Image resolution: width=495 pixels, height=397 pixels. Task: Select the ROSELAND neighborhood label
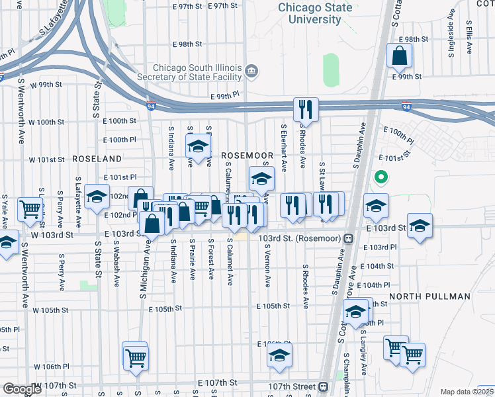pyautogui.click(x=97, y=159)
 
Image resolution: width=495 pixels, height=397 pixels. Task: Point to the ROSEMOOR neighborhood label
pyautogui.click(x=242, y=154)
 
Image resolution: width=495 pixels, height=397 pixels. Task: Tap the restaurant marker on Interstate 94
pyautogui.click(x=306, y=109)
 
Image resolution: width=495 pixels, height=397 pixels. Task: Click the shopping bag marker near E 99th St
pyautogui.click(x=400, y=57)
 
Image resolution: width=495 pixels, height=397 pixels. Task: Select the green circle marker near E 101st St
pyautogui.click(x=381, y=177)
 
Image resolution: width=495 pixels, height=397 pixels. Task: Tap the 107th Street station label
pyautogui.click(x=293, y=386)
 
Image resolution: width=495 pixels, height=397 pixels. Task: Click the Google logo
pyautogui.click(x=21, y=388)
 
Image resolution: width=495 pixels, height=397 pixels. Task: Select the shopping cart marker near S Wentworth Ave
pyautogui.click(x=30, y=209)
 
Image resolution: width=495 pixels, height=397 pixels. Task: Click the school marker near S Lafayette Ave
pyautogui.click(x=97, y=197)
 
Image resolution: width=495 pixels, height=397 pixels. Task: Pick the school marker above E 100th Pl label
pyautogui.click(x=198, y=145)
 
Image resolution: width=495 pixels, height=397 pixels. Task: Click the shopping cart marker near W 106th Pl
pyautogui.click(x=136, y=358)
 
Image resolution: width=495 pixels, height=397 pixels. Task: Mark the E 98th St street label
pyautogui.click(x=187, y=44)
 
